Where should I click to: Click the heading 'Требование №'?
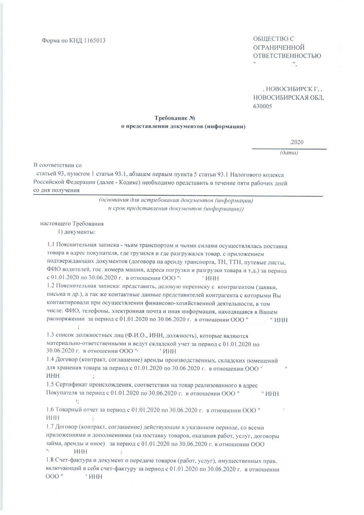tap(172, 119)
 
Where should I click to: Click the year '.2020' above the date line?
tap(297, 142)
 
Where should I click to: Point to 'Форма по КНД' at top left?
tap(62, 41)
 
